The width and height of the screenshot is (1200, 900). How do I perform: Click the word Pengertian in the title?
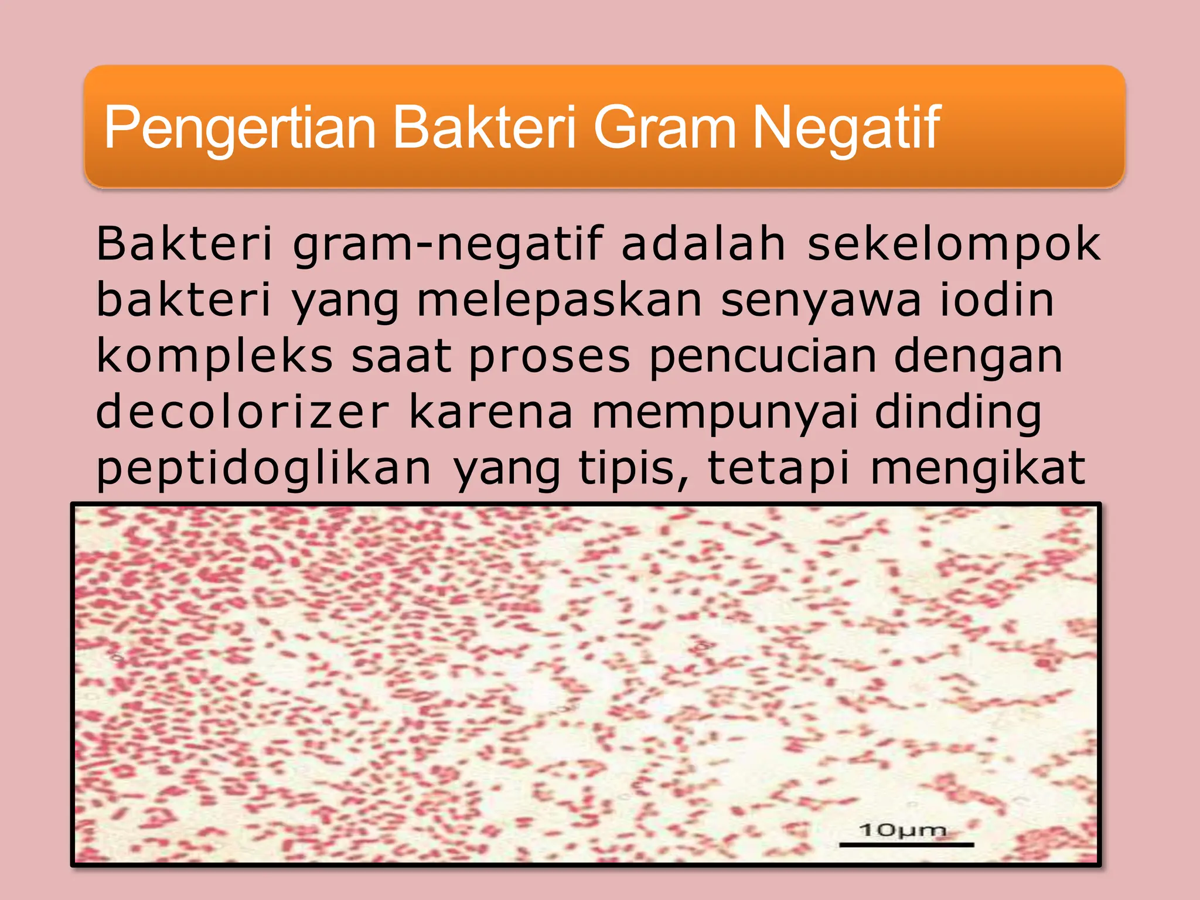pyautogui.click(x=240, y=128)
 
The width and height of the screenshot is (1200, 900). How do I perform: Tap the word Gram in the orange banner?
pyautogui.click(x=664, y=128)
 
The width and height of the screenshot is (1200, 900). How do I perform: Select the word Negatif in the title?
pyautogui.click(x=846, y=128)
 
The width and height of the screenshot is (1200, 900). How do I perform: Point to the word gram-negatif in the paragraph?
pyautogui.click(x=448, y=244)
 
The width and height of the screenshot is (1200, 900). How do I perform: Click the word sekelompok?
pyautogui.click(x=954, y=244)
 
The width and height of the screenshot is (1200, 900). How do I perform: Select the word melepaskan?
pyautogui.click(x=560, y=301)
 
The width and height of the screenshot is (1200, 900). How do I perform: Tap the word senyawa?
pyautogui.click(x=821, y=301)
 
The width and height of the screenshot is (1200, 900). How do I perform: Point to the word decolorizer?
pyautogui.click(x=242, y=412)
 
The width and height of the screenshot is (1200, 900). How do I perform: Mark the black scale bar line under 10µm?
pyautogui.click(x=906, y=845)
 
